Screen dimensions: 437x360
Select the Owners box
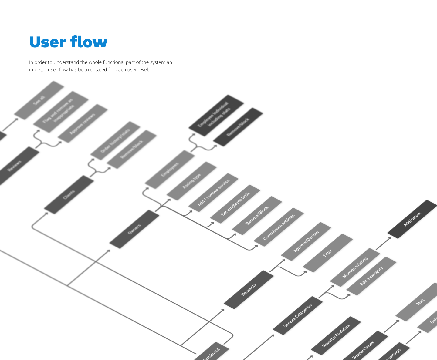point(134,229)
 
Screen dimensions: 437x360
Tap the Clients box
point(69,195)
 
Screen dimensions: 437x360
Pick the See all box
point(39,100)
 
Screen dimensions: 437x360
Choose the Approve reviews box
point(83,123)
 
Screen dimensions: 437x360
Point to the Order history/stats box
point(115,140)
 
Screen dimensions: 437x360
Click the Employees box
point(170,170)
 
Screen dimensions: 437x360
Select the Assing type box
point(191,181)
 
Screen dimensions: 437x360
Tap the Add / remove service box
point(213,193)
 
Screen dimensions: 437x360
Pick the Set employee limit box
point(235,204)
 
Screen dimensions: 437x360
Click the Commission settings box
point(279,227)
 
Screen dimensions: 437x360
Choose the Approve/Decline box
point(306,241)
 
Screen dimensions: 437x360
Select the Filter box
point(328,253)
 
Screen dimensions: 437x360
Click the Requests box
point(249,290)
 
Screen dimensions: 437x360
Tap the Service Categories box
point(297,315)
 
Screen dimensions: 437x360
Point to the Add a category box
point(371,276)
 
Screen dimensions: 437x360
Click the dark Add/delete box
point(412,219)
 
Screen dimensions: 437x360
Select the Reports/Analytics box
point(336,336)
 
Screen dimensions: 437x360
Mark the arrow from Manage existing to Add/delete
point(384,244)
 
